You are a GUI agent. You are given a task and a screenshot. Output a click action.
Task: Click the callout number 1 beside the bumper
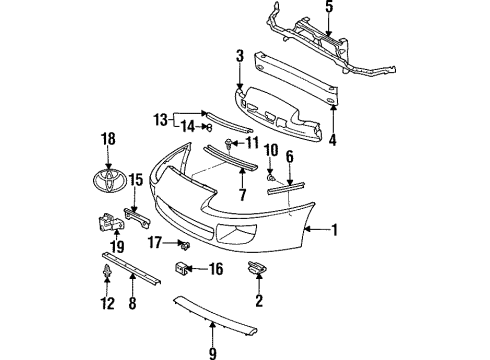335,229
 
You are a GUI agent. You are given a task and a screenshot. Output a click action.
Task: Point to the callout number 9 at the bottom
213,351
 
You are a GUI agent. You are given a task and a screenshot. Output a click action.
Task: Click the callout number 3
240,57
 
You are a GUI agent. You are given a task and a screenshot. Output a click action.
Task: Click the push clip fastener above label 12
107,271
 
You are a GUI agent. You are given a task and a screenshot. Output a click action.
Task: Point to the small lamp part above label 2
256,267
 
